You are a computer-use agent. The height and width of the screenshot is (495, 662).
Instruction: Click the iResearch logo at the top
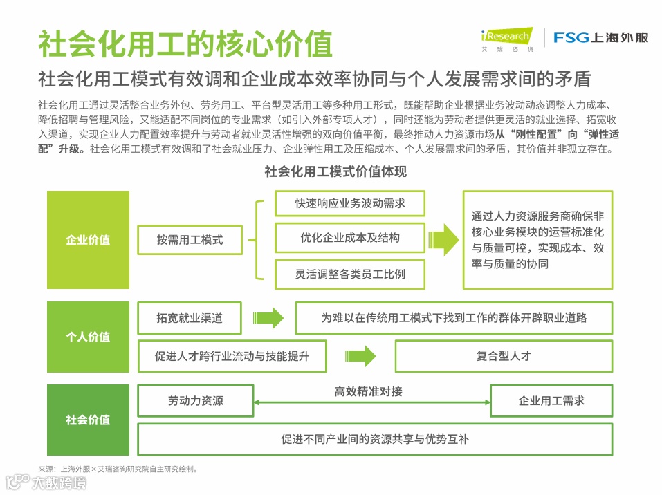click(x=507, y=39)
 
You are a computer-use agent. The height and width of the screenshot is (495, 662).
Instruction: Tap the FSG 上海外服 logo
click(x=600, y=38)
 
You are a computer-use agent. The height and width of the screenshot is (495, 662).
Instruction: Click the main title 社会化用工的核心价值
click(x=185, y=44)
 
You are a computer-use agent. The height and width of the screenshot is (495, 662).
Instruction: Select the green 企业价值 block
click(x=88, y=240)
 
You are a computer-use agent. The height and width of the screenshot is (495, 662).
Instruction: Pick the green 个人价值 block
click(x=88, y=337)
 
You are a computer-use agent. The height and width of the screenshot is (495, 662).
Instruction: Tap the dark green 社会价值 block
click(x=88, y=420)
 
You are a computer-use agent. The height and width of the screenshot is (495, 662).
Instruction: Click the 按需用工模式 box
click(x=190, y=240)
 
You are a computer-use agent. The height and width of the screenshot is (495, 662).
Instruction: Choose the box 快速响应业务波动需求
click(x=350, y=203)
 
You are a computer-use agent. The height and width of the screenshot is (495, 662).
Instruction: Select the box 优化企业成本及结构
click(x=350, y=238)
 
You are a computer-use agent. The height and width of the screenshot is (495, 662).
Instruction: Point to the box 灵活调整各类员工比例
click(x=350, y=274)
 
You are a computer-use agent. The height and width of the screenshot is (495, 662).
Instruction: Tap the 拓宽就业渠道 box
click(x=190, y=318)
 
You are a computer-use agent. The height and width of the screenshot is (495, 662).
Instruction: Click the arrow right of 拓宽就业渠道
click(x=268, y=318)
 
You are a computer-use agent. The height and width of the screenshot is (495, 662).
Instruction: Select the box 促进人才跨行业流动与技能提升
click(x=232, y=357)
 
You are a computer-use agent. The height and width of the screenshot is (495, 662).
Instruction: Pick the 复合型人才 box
click(x=504, y=357)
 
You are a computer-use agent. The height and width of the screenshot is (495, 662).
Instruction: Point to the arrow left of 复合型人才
click(x=360, y=357)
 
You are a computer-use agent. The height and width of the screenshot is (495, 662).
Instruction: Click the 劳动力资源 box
click(x=195, y=401)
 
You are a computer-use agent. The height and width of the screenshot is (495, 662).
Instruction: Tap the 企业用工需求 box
click(x=551, y=401)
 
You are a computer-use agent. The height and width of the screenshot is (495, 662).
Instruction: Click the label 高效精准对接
click(x=368, y=391)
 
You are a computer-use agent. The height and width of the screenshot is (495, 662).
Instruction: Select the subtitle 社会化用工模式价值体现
click(x=335, y=172)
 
